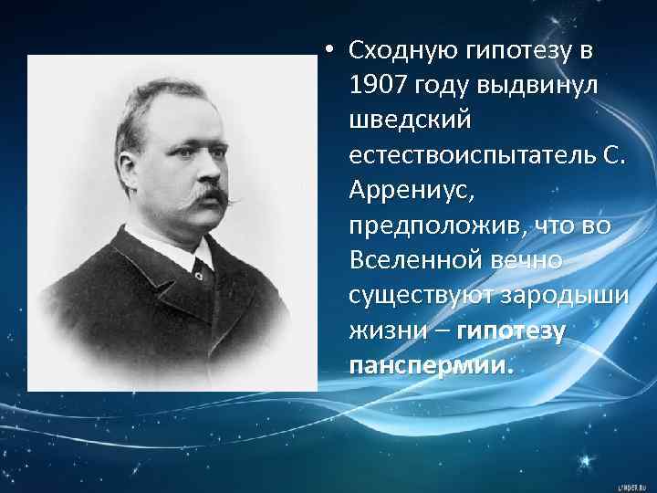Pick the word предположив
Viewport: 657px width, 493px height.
pyautogui.click(x=427, y=226)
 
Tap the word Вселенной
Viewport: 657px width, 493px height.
pyautogui.click(x=415, y=262)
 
